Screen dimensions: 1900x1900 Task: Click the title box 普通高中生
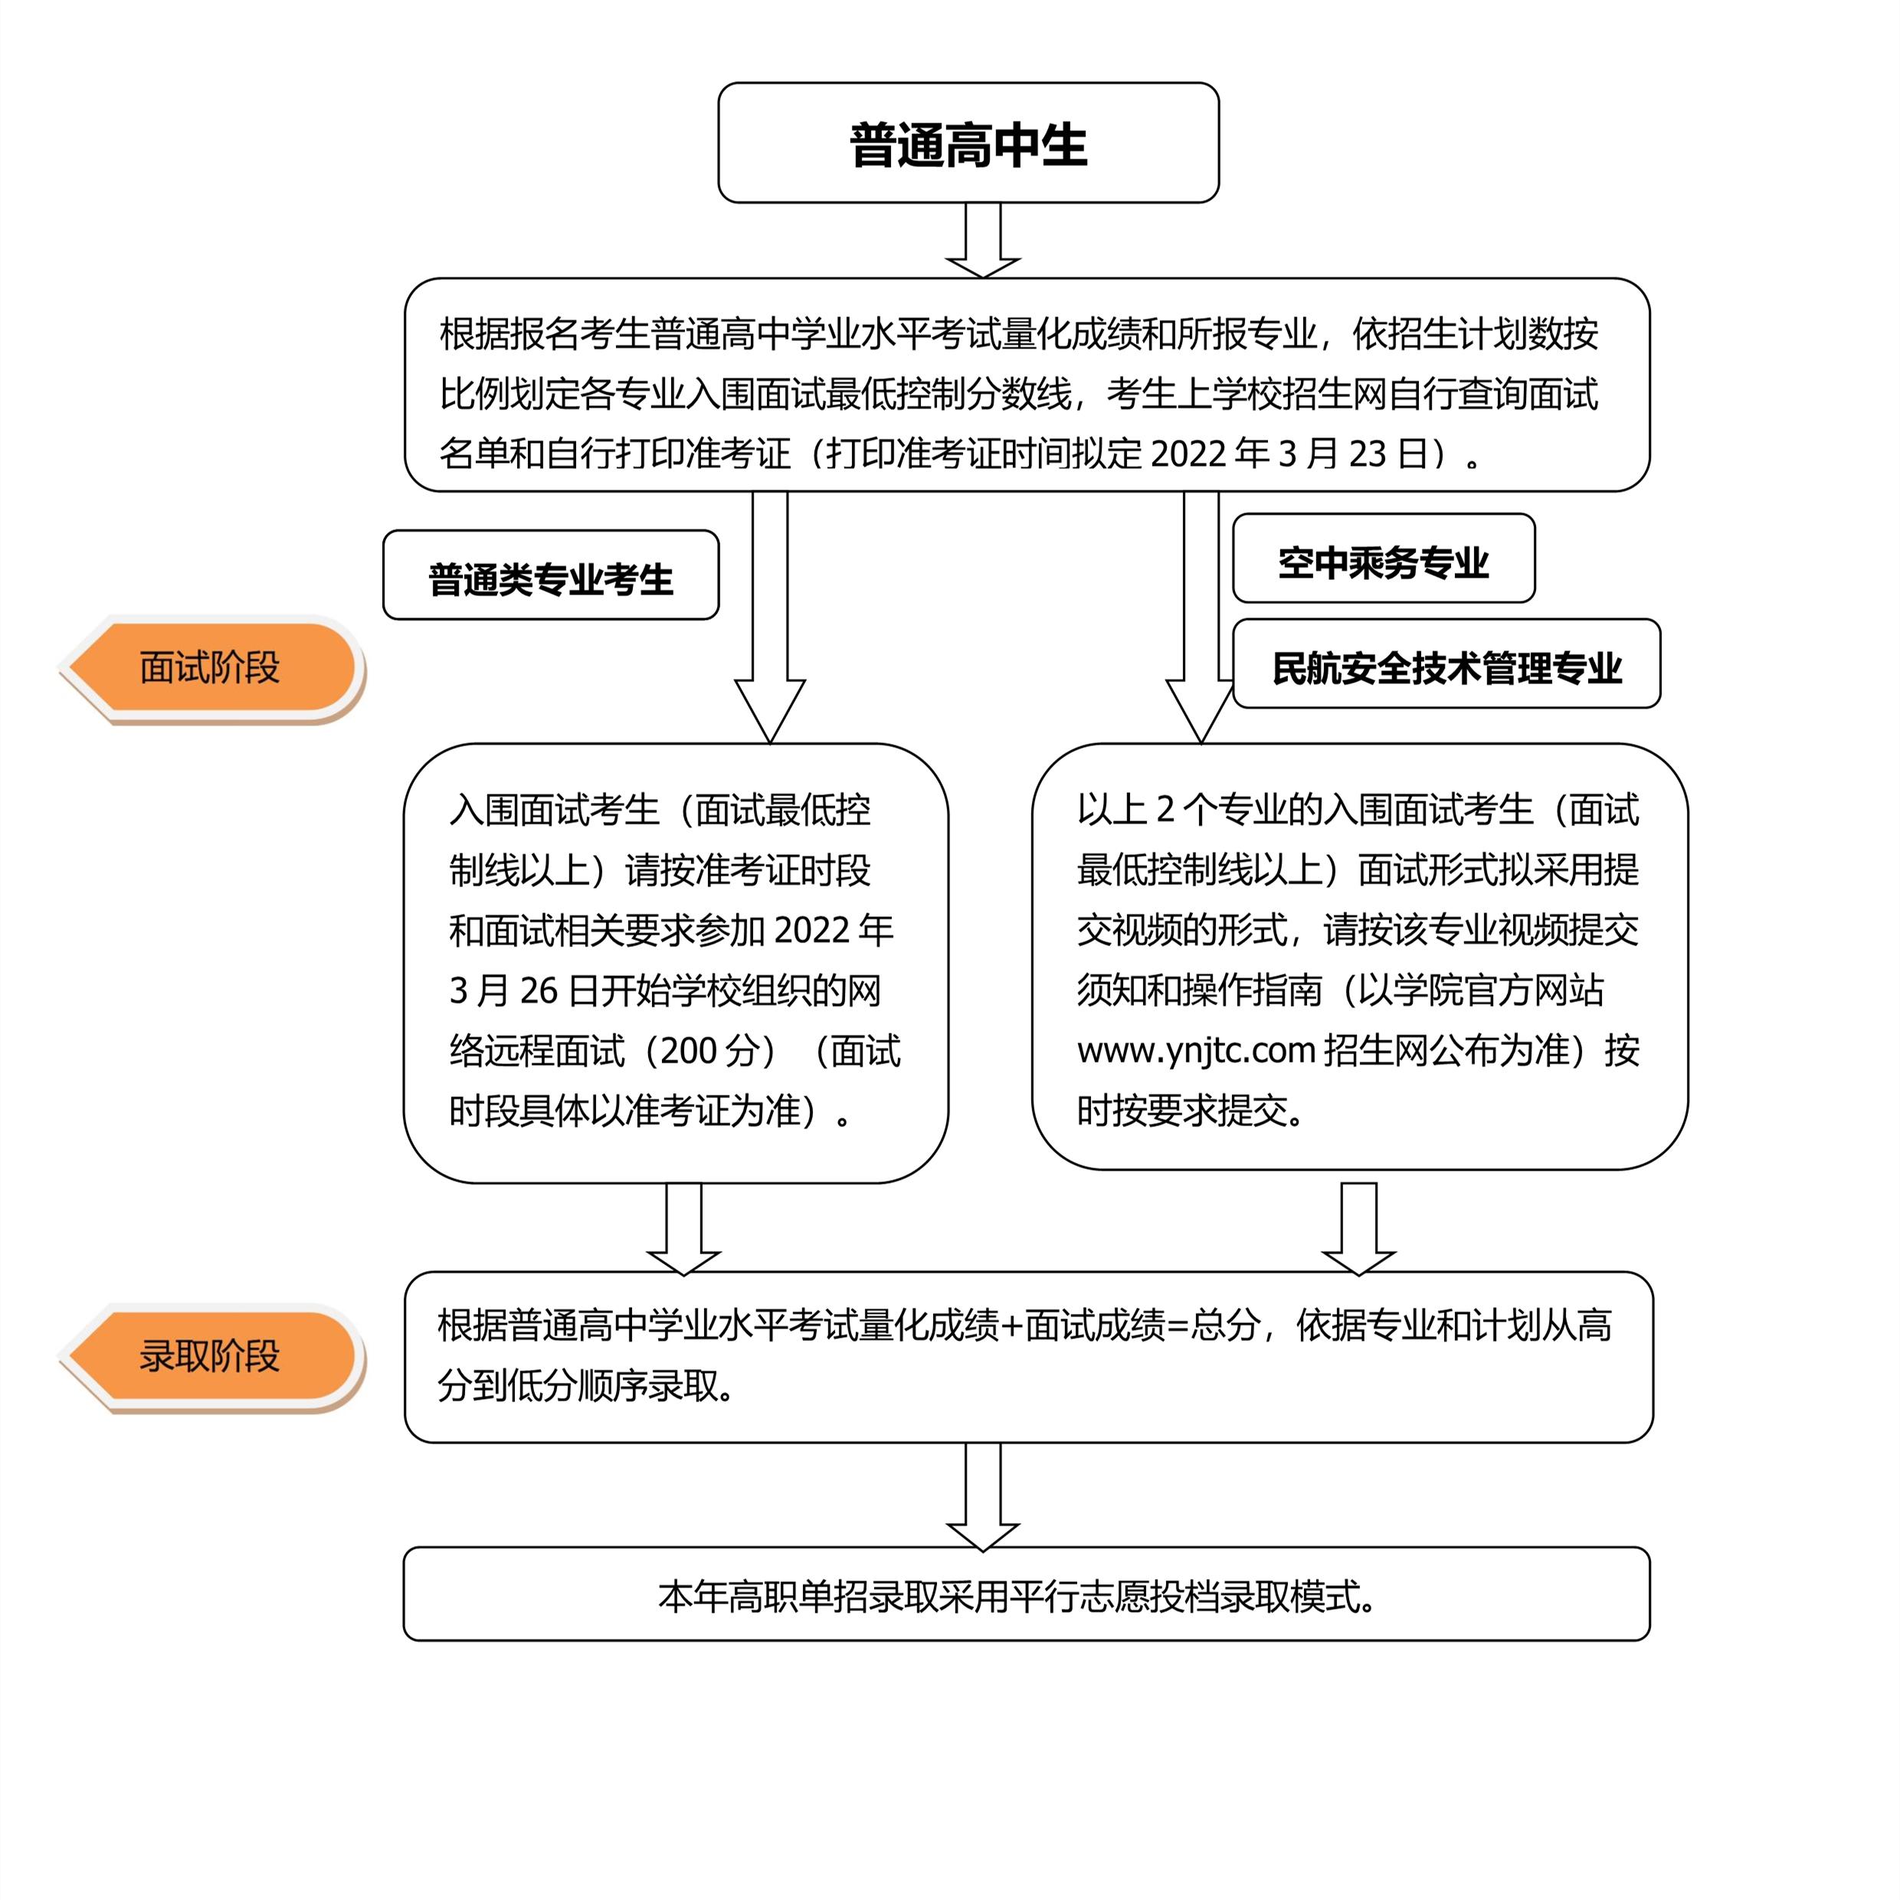968,142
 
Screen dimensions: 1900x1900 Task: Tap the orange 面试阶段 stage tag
209,668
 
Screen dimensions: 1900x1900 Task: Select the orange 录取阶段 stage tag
209,1356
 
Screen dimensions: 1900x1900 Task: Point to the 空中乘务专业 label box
1383,559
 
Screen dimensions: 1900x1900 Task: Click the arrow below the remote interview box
683,1230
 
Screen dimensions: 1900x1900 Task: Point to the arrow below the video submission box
1358,1230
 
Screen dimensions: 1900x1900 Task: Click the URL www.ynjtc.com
1196,1051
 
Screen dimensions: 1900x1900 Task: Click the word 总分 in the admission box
1224,1325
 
